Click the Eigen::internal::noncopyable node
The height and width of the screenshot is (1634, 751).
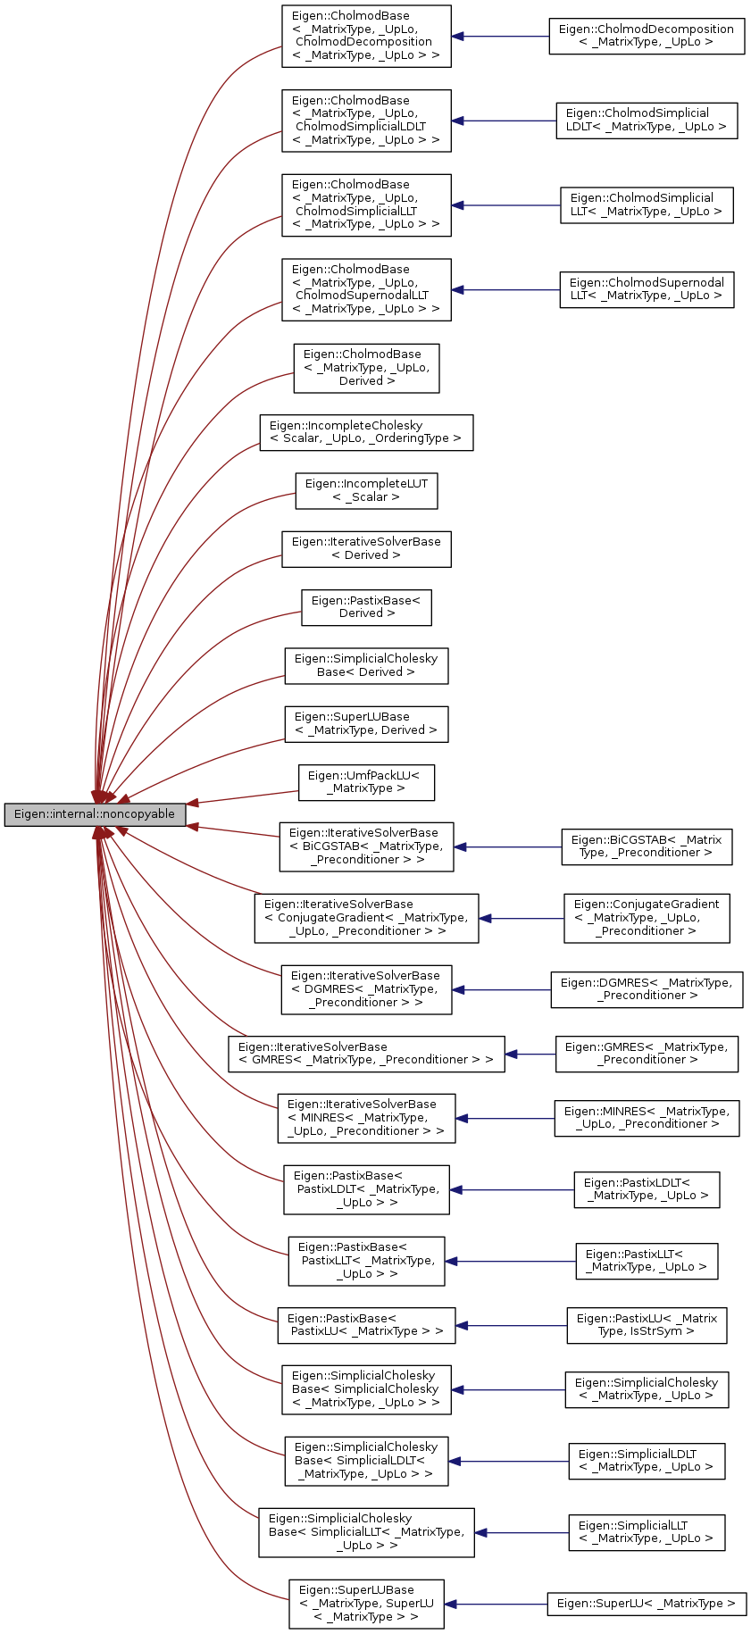[x=95, y=814]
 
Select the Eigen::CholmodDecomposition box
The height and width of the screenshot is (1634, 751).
[x=646, y=36]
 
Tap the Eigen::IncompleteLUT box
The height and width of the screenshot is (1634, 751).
[x=366, y=490]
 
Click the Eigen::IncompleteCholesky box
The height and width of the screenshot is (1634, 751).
[x=366, y=432]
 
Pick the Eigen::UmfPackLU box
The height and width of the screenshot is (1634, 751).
[x=365, y=782]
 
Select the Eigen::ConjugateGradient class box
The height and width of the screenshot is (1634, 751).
[x=646, y=918]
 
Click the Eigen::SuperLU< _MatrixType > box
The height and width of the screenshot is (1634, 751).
[x=646, y=1604]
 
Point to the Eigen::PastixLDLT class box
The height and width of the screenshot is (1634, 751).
[x=646, y=1189]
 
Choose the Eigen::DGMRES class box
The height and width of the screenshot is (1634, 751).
[x=646, y=989]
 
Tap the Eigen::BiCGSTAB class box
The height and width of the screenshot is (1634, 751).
[x=646, y=846]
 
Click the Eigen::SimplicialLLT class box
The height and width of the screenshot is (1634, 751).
[x=646, y=1532]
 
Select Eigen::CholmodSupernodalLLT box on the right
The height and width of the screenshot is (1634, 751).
[x=646, y=289]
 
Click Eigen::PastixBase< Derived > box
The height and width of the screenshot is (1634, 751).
[x=366, y=607]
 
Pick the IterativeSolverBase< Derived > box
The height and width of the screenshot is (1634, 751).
[x=366, y=548]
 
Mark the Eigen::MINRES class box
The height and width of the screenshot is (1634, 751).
[x=646, y=1118]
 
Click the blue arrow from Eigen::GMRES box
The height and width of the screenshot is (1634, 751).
[x=530, y=1055]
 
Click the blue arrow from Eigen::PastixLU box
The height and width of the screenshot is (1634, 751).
[x=511, y=1326]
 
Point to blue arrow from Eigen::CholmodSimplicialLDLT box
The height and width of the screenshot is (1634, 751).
[x=504, y=121]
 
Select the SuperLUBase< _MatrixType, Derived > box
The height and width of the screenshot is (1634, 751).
[x=366, y=724]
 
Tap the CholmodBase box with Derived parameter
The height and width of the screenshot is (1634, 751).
[x=366, y=368]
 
